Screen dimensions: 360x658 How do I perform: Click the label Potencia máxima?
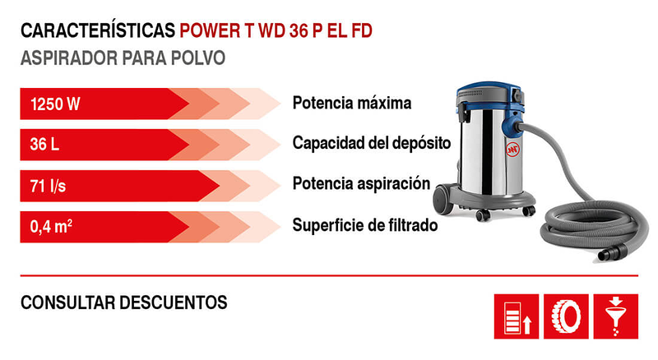(351, 104)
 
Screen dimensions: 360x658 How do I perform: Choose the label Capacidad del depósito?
(372, 144)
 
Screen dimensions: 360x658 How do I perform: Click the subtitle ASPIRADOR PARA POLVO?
(123, 60)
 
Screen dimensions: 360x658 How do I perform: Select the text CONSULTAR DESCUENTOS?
(123, 302)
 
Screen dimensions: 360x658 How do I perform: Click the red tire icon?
(568, 316)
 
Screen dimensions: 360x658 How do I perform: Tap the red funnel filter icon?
(615, 316)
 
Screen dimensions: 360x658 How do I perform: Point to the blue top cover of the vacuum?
(485, 90)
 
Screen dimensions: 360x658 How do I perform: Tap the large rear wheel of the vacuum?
(443, 200)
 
